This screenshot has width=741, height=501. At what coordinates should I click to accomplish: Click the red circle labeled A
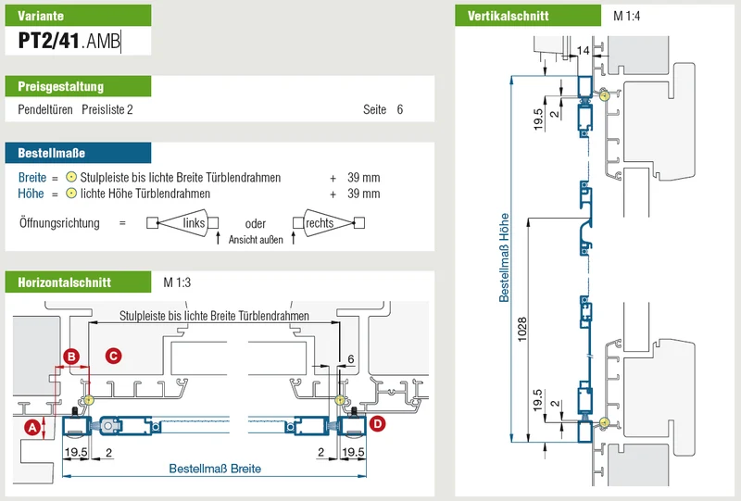[x=32, y=428]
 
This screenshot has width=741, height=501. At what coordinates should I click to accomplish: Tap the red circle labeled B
[x=71, y=356]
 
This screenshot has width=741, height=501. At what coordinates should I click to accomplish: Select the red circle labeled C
[x=113, y=356]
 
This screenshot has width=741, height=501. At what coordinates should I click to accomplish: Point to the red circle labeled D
[x=377, y=423]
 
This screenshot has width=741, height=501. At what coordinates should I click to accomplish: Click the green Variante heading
[x=78, y=16]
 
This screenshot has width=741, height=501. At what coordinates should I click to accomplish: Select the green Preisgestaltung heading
[x=78, y=86]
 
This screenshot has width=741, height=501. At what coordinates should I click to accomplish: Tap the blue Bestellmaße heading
[x=78, y=153]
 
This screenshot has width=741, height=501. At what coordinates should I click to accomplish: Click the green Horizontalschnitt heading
[x=78, y=282]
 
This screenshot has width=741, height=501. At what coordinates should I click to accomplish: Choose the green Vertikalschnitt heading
[x=528, y=16]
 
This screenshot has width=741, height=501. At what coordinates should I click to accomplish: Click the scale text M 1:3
[x=177, y=282]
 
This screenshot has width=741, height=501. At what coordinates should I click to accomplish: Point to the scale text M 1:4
[x=626, y=16]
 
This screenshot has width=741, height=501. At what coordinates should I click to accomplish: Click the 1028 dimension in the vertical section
[x=522, y=329]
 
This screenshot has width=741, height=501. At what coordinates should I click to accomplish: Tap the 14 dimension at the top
[x=584, y=51]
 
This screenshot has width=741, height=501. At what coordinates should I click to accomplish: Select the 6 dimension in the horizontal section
[x=351, y=359]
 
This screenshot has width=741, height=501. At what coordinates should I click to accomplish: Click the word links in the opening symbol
[x=194, y=222]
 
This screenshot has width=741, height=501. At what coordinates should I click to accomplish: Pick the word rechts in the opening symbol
[x=320, y=223]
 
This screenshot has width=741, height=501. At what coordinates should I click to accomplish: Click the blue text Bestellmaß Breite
[x=215, y=469]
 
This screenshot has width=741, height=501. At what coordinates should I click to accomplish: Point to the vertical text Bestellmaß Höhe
[x=504, y=257]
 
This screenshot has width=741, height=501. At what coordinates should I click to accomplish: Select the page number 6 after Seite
[x=400, y=109]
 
